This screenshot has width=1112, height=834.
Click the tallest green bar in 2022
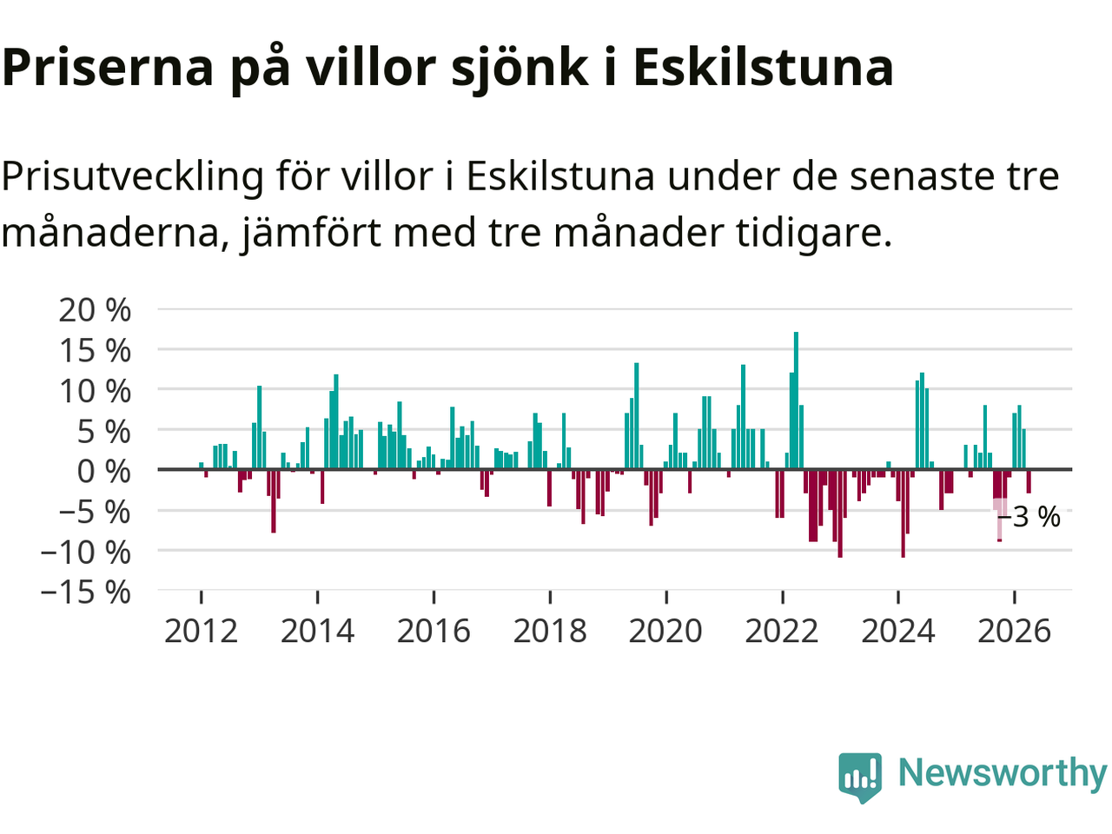pyautogui.click(x=796, y=400)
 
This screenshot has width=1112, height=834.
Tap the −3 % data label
pyautogui.click(x=1029, y=517)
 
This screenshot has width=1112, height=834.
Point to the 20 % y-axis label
pyautogui.click(x=95, y=310)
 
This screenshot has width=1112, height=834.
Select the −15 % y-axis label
pyautogui.click(x=86, y=592)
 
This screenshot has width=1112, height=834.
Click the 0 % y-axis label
pyautogui.click(x=104, y=472)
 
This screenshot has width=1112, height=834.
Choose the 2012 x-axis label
pyautogui.click(x=202, y=632)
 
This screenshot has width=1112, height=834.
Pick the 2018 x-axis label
pyautogui.click(x=550, y=632)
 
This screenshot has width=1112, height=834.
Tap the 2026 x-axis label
pyautogui.click(x=1014, y=632)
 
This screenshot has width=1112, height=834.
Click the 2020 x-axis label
pyautogui.click(x=665, y=632)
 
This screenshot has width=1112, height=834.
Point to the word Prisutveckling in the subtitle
pyautogui.click(x=132, y=177)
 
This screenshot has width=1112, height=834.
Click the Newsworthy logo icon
pyautogui.click(x=860, y=777)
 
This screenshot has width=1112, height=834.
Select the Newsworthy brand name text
pyautogui.click(x=1003, y=773)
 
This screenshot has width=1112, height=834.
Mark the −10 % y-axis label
pyautogui.click(x=86, y=552)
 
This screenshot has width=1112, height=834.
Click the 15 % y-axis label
pyautogui.click(x=95, y=350)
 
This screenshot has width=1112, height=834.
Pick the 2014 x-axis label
pyautogui.click(x=318, y=632)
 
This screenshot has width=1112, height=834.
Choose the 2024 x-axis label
pyautogui.click(x=898, y=632)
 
